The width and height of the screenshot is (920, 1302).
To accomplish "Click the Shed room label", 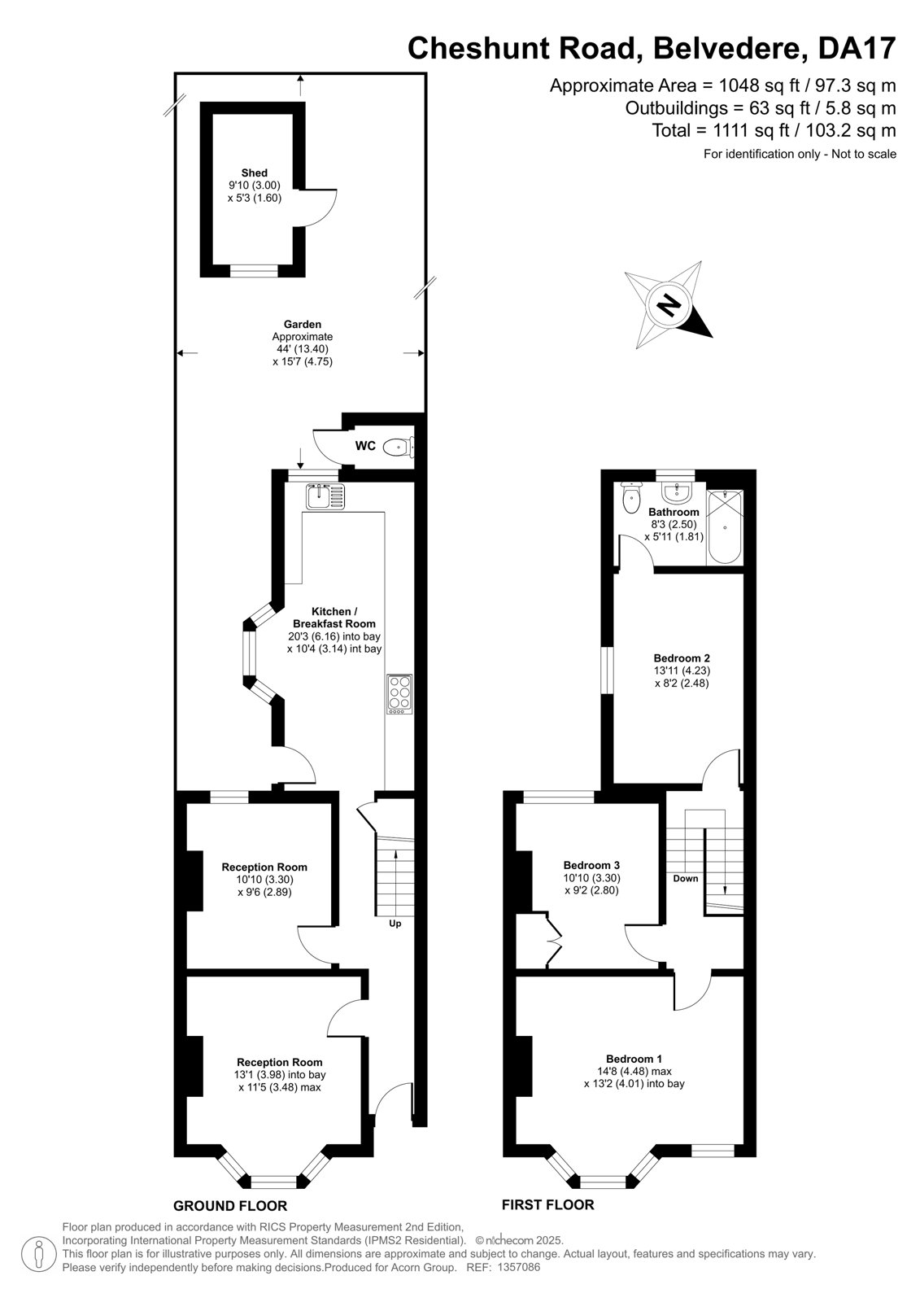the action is point(255,173).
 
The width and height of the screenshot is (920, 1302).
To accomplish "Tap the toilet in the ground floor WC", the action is point(399,447).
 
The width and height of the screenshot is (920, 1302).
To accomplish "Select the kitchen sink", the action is point(325,496).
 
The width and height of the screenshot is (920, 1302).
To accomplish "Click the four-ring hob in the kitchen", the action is point(400,694).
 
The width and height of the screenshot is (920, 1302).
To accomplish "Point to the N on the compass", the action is point(669,304).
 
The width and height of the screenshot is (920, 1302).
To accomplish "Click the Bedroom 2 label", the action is point(682,658).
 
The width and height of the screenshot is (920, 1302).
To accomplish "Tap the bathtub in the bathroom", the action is point(724,526).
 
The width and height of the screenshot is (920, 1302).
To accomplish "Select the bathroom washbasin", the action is point(677,493).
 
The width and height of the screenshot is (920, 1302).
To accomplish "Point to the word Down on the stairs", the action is point(686,878).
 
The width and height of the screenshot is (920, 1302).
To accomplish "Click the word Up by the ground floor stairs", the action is point(395,923).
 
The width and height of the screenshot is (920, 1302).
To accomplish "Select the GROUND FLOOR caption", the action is point(230,1205).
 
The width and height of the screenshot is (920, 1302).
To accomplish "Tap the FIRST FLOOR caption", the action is point(548,1204).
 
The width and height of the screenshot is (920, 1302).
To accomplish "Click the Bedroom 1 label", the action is point(634,1059).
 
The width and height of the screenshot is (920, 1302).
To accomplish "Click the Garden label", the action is point(303,324).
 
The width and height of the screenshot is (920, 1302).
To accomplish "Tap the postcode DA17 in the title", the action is point(857,48).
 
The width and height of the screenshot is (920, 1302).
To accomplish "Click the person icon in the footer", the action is point(39,1256).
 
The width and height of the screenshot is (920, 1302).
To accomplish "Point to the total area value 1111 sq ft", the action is point(752,130).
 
